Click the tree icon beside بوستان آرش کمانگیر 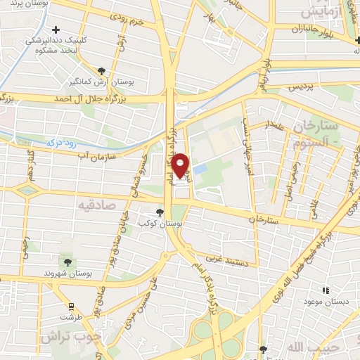(102, 70)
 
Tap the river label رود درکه (60, 143)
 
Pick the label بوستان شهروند (64, 273)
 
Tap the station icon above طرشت (71, 306)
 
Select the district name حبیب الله (316, 347)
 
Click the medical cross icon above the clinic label (56, 30)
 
